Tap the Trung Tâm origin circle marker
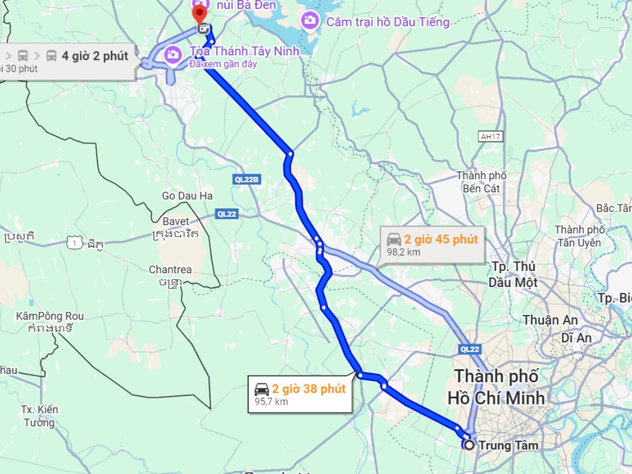point(468,445)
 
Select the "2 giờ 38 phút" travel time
point(309,389)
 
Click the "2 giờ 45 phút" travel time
point(441,240)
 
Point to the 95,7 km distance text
point(271,401)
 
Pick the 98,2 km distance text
point(403,252)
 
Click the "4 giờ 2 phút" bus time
point(95,55)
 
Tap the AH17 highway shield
point(490,136)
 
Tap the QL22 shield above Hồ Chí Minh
point(469,349)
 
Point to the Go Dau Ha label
point(187,196)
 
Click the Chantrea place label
point(170,270)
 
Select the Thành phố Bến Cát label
point(481,182)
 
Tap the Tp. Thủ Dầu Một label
point(512,274)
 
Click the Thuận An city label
point(550,320)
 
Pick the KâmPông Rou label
point(50,317)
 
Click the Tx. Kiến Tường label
point(39,416)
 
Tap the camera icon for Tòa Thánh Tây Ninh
point(172,53)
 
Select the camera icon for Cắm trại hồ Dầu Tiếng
point(309,22)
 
